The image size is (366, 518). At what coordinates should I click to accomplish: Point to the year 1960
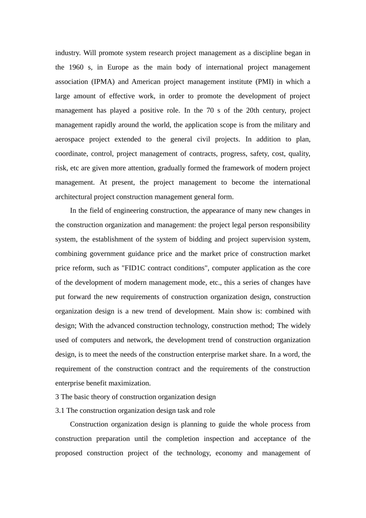pyautogui.click(x=76, y=67)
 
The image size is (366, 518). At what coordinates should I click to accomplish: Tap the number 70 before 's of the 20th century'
pyautogui.click(x=210, y=111)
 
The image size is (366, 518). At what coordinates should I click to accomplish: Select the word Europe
pyautogui.click(x=118, y=67)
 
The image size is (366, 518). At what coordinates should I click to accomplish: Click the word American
pyautogui.click(x=145, y=82)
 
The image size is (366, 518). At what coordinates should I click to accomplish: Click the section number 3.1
pyautogui.click(x=60, y=411)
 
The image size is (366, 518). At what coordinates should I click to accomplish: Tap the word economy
pyautogui.click(x=229, y=453)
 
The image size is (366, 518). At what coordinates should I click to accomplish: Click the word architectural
pyautogui.click(x=74, y=197)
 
